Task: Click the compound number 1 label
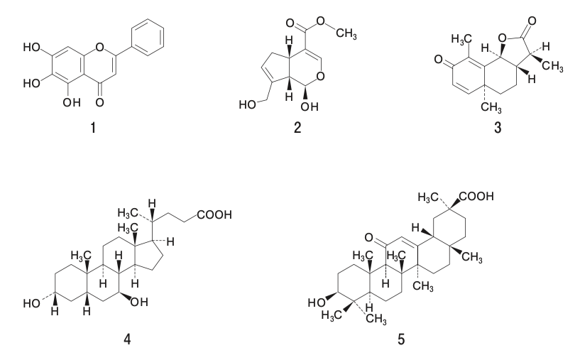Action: pos(93,128)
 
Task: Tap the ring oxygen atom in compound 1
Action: pos(99,48)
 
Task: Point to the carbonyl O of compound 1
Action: pos(99,102)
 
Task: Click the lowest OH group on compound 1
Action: pos(72,102)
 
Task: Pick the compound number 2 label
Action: pos(297,128)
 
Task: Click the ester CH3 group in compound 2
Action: pos(346,34)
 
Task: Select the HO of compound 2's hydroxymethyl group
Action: pos(248,104)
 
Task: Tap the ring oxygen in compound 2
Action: pos(321,77)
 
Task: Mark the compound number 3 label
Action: pos(498,128)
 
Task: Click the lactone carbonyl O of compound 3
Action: pos(532,21)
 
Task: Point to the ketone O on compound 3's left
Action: pos(439,59)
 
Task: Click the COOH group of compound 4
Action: pos(214,214)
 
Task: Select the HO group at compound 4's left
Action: pos(31,303)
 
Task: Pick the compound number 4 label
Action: pos(127,339)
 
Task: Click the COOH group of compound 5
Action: pos(476,196)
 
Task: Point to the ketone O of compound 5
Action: pos(368,238)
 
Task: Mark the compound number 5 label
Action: pos(401,339)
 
